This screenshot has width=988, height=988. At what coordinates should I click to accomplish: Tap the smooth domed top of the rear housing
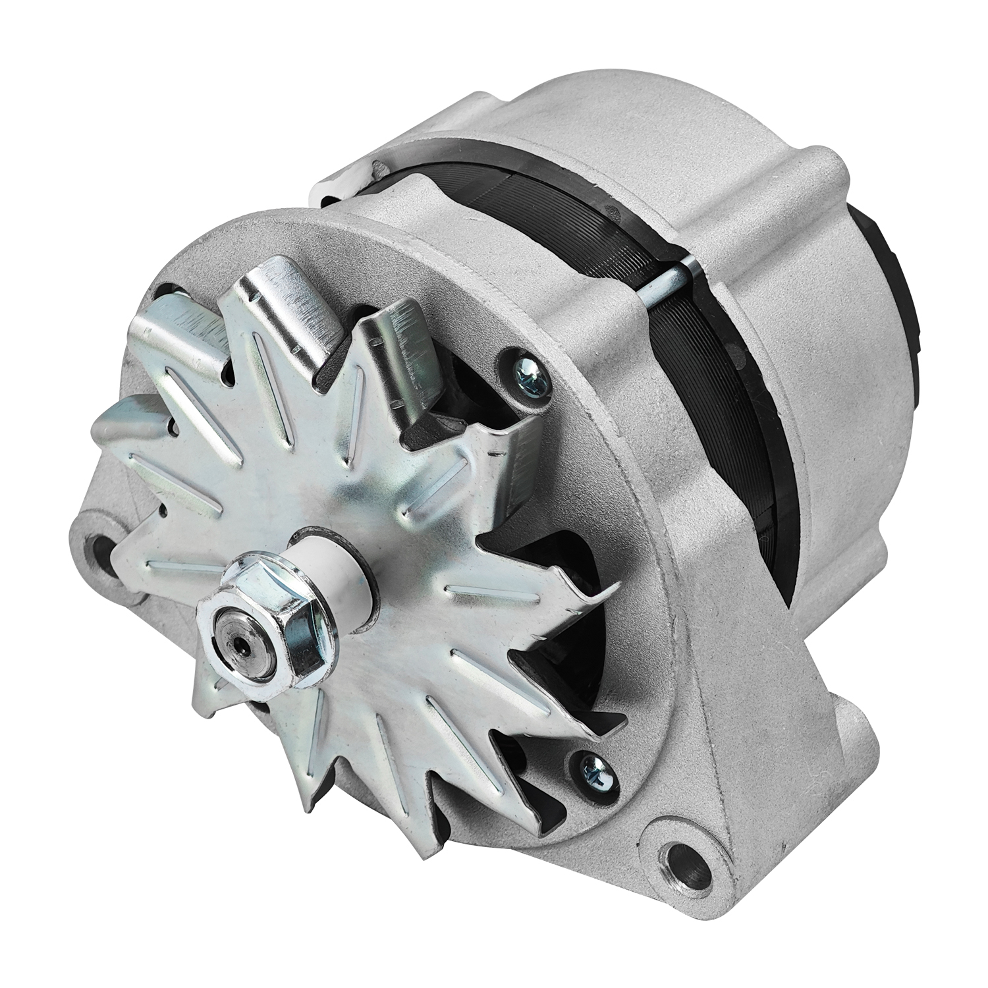pyautogui.click(x=626, y=112)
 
